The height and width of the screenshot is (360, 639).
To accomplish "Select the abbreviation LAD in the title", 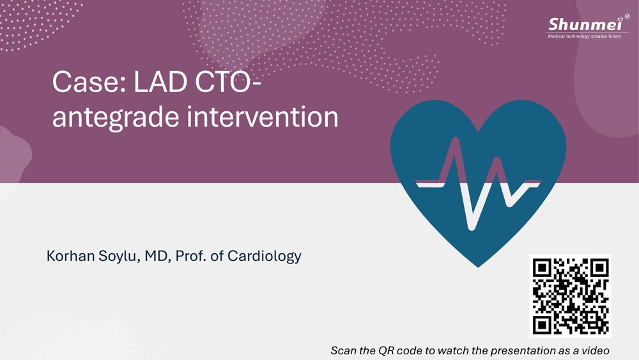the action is [160, 82].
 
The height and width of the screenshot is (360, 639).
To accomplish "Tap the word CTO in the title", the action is [224, 82].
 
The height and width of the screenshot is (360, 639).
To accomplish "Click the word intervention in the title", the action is [263, 116].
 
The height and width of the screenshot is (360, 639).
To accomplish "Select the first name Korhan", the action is [70, 256].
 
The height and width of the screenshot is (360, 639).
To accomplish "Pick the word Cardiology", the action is [264, 256].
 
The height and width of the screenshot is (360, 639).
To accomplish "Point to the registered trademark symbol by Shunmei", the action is [627, 17].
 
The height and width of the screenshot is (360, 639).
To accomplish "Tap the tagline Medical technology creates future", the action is [585, 36].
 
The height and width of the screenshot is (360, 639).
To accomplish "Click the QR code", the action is [570, 296].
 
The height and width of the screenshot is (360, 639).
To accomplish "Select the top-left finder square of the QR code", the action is [542, 267].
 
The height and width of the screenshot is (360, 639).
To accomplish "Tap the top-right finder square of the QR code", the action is [599, 267].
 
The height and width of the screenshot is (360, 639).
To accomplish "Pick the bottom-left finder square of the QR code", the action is [542, 325].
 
